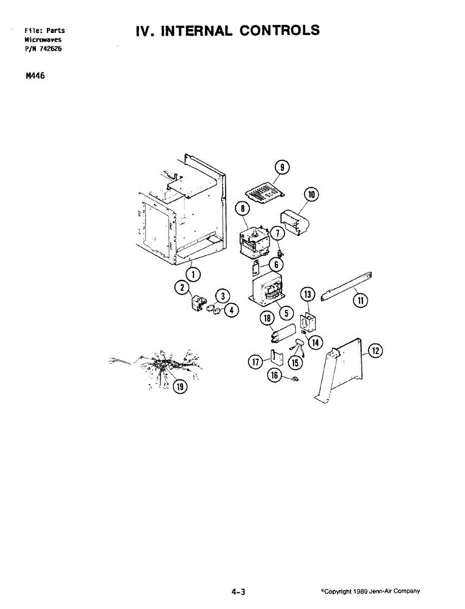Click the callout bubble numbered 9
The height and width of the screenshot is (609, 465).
[x=282, y=168]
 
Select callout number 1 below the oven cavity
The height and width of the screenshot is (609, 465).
[x=193, y=275]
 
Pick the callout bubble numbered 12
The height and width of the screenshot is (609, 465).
[x=375, y=351]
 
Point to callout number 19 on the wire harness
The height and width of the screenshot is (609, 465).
[x=180, y=386]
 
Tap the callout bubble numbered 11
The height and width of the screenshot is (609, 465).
[x=360, y=300]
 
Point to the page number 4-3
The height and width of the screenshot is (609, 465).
[x=238, y=592]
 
